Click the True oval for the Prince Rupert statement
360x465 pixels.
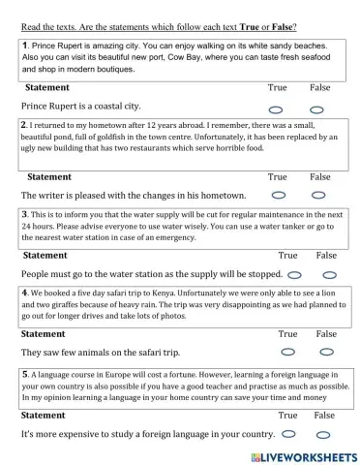click(x=277, y=109)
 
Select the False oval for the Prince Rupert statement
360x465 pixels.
click(x=316, y=109)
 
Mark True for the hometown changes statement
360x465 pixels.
click(x=279, y=196)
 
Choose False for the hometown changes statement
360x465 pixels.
click(x=318, y=196)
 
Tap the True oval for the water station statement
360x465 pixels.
click(x=294, y=274)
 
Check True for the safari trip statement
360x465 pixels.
click(x=286, y=352)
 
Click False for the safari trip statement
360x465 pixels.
click(x=326, y=352)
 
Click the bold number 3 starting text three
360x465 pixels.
click(x=24, y=214)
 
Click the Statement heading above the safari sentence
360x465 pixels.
click(x=44, y=333)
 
